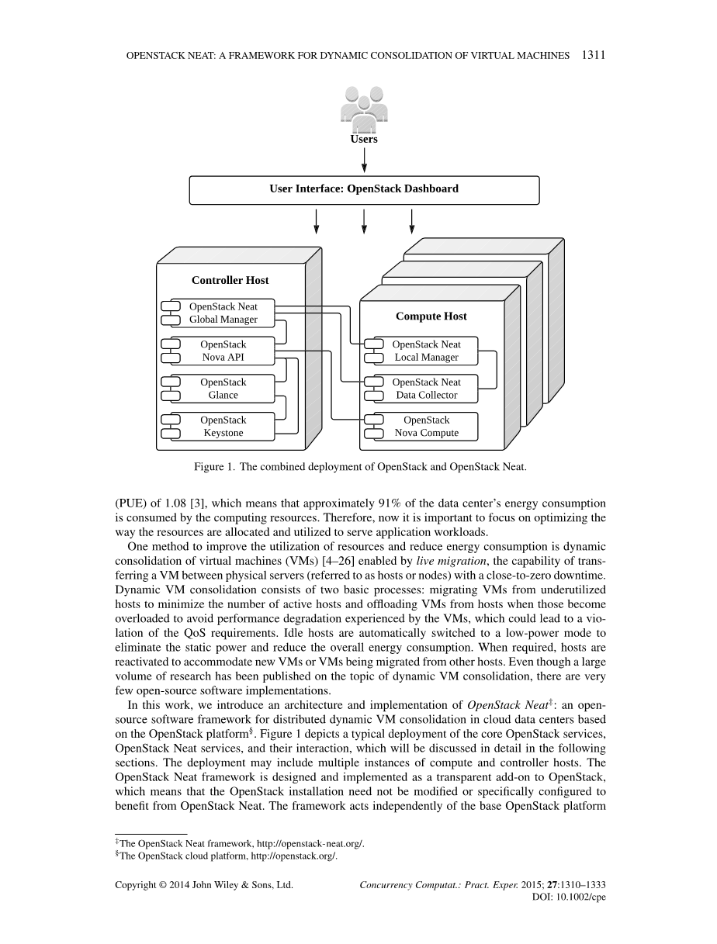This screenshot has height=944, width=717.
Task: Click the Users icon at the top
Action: pyautogui.click(x=363, y=108)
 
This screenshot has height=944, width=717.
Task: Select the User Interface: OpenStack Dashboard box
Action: pyautogui.click(x=364, y=189)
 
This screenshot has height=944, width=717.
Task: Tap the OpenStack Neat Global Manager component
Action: pyautogui.click(x=223, y=313)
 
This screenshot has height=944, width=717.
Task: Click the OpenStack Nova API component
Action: pyautogui.click(x=223, y=351)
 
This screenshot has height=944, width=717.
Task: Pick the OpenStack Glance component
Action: pyautogui.click(x=223, y=389)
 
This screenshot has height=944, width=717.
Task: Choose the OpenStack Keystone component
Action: pyautogui.click(x=223, y=427)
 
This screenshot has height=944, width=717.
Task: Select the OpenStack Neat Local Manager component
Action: pyautogui.click(x=426, y=351)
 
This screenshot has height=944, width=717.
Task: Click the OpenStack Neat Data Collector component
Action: pyautogui.click(x=426, y=389)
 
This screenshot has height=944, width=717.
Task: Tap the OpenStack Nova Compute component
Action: pyautogui.click(x=426, y=427)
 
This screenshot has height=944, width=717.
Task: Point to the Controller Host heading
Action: pyautogui.click(x=230, y=280)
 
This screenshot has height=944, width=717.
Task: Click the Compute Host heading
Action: pyautogui.click(x=431, y=316)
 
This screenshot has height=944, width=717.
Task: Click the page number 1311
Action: pyautogui.click(x=592, y=55)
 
